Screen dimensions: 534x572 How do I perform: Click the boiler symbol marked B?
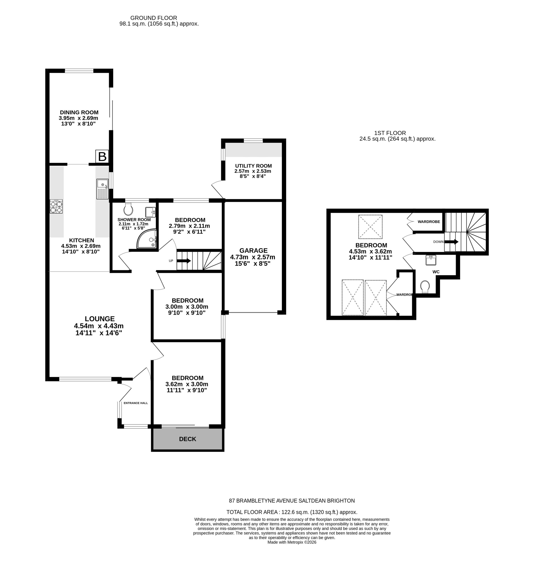(x=102, y=157)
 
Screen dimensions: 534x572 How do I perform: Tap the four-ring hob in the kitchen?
(x=56, y=206)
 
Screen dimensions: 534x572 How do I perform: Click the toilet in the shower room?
(x=128, y=209)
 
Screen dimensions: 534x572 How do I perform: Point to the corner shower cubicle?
(x=147, y=239)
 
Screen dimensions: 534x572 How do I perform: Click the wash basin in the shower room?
(x=150, y=212)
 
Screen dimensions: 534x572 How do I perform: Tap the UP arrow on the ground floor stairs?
(x=184, y=261)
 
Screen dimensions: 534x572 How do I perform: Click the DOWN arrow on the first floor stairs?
(x=451, y=242)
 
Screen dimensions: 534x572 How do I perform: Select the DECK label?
(x=187, y=439)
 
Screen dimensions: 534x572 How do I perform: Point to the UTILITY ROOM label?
(x=253, y=166)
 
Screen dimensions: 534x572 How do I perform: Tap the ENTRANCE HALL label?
(x=136, y=403)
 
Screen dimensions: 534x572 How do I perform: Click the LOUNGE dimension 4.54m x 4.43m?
(x=99, y=326)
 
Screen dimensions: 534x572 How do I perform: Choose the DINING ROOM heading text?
(x=79, y=112)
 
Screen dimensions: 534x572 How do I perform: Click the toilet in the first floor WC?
(x=425, y=286)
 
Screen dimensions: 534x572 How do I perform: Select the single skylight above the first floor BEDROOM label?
(x=370, y=227)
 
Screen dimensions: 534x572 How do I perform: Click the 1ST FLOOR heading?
(x=390, y=133)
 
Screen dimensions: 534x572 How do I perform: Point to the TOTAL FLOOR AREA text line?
(x=292, y=512)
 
